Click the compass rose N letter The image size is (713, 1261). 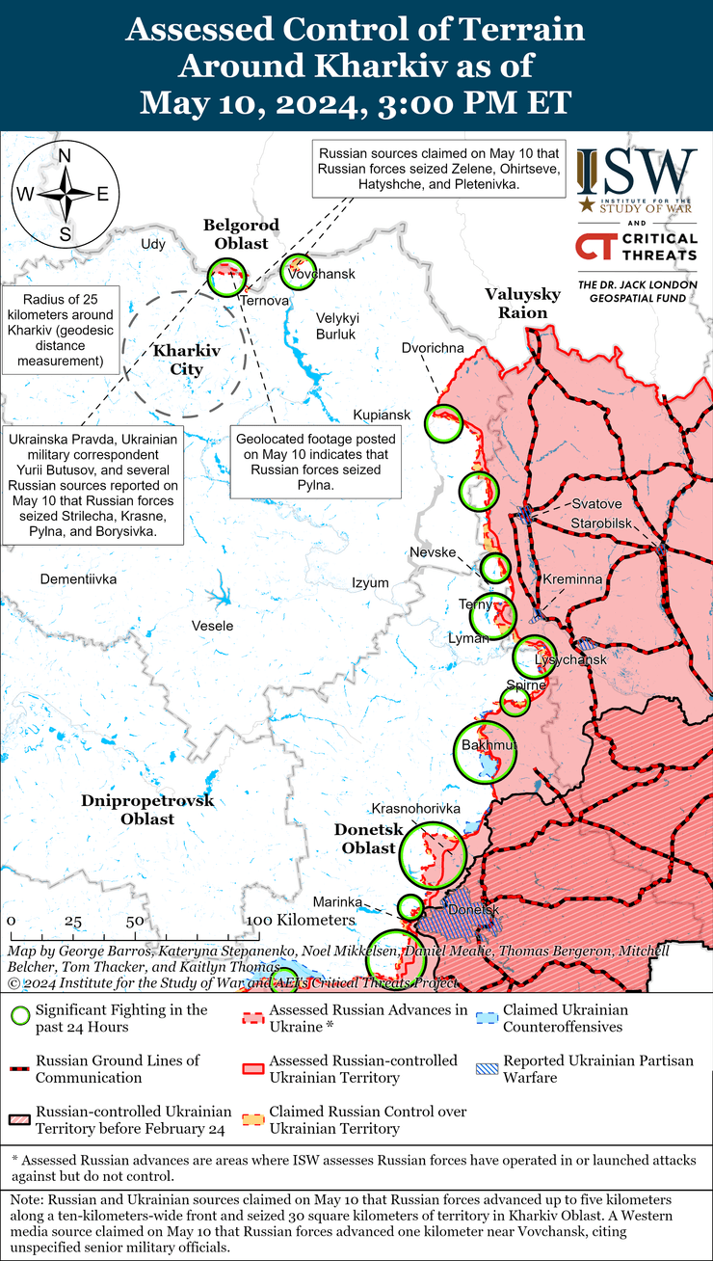(x=65, y=157)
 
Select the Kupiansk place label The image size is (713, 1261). (x=382, y=415)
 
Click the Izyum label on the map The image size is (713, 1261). (x=370, y=582)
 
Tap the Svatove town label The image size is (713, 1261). (x=596, y=504)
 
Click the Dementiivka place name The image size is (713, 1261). (x=78, y=579)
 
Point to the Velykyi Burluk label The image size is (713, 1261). (x=337, y=326)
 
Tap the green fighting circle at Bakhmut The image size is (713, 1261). (x=481, y=748)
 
